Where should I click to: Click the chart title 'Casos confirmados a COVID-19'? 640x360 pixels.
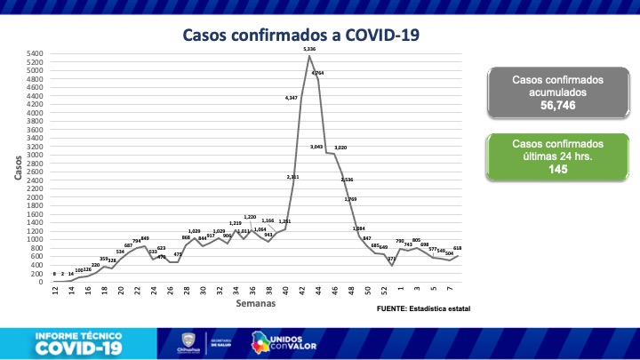[x=300, y=36]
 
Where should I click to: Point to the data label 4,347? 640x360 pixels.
[x=292, y=96]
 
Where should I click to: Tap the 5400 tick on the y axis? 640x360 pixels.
[x=36, y=54]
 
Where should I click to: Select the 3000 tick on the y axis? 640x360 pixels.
[x=36, y=155]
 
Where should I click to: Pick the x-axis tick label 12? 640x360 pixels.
[x=54, y=290]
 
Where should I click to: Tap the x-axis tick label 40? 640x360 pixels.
[x=285, y=290]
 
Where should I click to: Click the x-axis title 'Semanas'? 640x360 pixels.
[x=256, y=304]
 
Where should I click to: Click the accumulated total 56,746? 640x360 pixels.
[x=558, y=104]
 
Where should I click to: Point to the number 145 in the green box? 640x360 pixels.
[x=558, y=168]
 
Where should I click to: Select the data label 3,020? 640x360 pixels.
[x=340, y=148]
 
